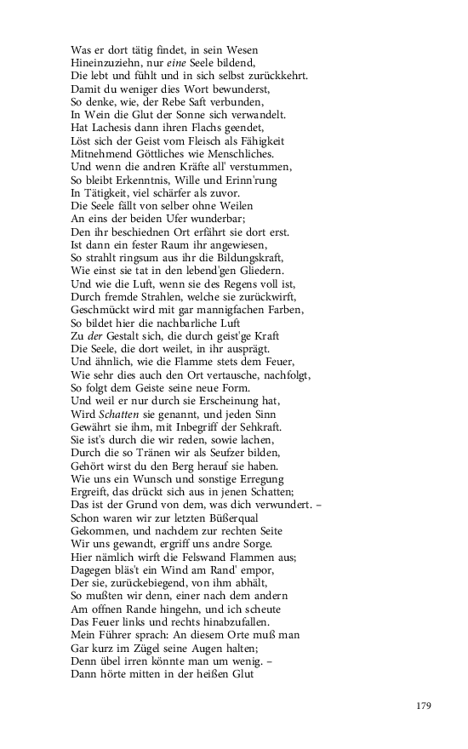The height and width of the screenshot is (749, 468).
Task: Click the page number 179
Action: (425, 706)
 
